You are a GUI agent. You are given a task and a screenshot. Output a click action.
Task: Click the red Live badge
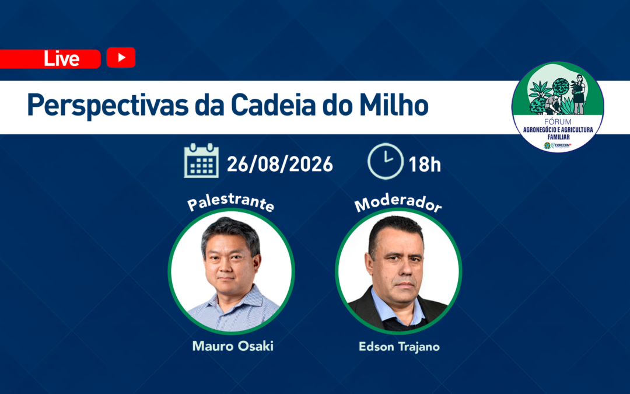click(50, 59)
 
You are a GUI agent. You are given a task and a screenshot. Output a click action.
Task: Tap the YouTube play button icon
click(121, 57)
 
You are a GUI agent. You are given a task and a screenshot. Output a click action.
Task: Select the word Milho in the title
click(393, 105)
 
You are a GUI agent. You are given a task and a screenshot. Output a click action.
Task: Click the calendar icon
click(201, 161)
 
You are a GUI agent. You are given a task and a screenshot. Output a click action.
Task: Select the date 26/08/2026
click(280, 164)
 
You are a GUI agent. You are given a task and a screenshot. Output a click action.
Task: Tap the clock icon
click(386, 161)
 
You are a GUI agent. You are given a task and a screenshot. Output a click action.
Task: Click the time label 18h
click(425, 165)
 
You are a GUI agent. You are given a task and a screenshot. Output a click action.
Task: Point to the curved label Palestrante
click(230, 202)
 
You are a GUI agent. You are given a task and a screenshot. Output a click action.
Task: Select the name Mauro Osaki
click(233, 346)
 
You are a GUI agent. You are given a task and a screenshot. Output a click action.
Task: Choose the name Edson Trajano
click(399, 347)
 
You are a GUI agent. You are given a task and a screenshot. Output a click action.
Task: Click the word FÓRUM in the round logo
click(558, 121)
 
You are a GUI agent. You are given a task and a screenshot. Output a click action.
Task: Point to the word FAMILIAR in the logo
click(558, 137)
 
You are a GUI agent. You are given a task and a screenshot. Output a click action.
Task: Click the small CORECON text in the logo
click(562, 145)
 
